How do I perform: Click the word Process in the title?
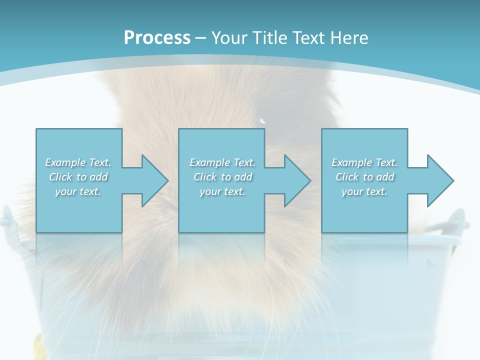pyautogui.click(x=157, y=38)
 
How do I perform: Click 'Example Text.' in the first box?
pyautogui.click(x=78, y=162)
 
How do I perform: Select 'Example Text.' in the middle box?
pyautogui.click(x=222, y=162)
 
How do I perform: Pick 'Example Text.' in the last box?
pyautogui.click(x=364, y=162)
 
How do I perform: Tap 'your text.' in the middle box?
pyautogui.click(x=222, y=191)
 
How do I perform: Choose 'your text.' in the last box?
pyautogui.click(x=364, y=191)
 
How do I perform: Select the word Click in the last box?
pyautogui.click(x=347, y=177)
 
